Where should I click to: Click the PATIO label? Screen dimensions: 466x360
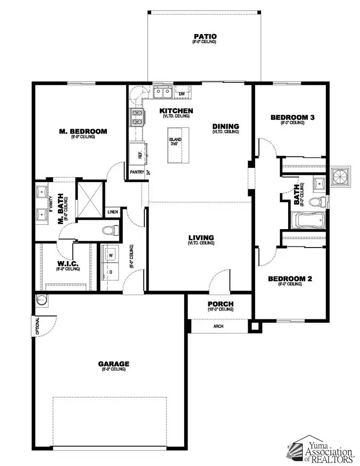click(205, 36)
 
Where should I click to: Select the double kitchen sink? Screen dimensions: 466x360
click(162, 92)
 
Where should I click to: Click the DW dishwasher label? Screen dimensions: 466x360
click(182, 94)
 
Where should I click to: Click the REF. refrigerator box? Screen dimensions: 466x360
click(137, 155)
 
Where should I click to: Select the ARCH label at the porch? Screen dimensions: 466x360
click(219, 326)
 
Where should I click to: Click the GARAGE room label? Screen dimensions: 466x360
click(114, 364)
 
